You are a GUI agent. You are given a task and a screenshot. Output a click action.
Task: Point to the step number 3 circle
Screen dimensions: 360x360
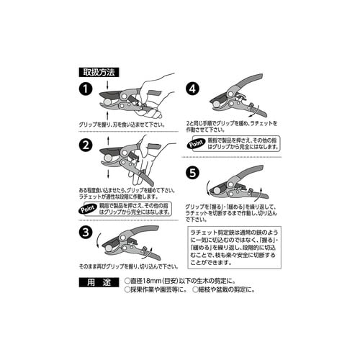[x=86, y=233]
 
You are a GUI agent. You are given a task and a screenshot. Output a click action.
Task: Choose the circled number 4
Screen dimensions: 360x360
[x=192, y=89]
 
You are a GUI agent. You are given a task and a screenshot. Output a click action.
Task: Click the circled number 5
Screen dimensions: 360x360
[x=192, y=173]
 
